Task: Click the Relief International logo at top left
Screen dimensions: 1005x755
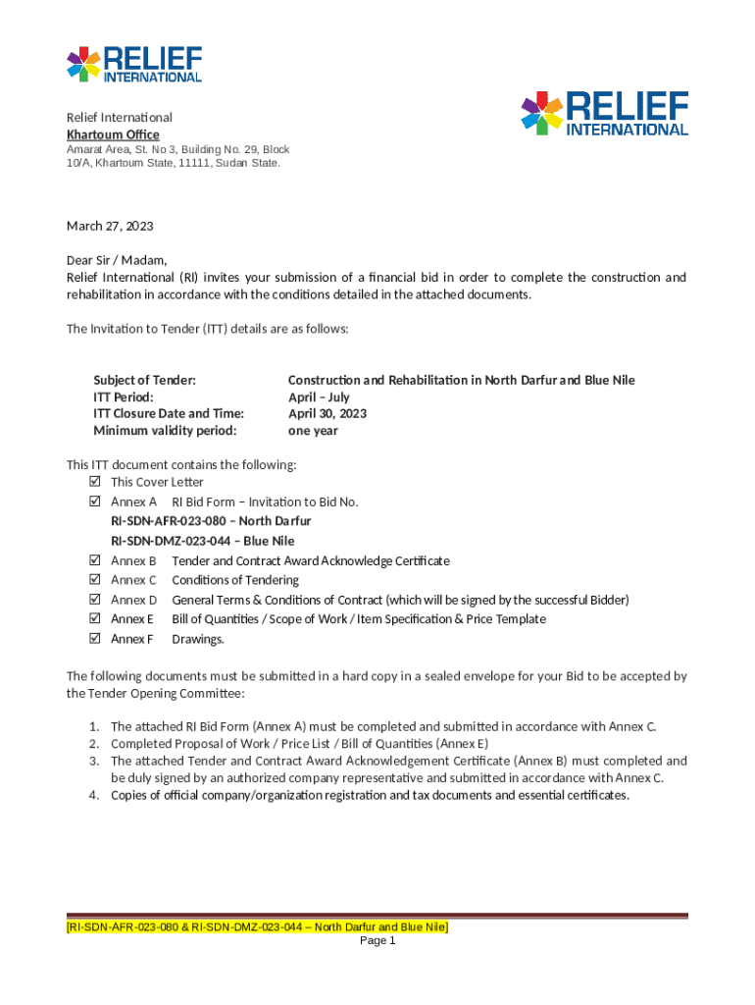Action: pos(134,64)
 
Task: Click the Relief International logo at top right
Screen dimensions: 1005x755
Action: pos(604,114)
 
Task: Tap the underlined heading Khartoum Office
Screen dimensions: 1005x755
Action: pos(113,134)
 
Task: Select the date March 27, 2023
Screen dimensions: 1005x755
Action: pos(110,226)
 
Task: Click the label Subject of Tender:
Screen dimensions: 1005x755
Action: pos(144,380)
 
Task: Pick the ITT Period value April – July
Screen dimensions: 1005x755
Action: pos(319,397)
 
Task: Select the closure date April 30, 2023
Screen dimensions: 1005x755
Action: pos(327,413)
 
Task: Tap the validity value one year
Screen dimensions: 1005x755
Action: pos(313,430)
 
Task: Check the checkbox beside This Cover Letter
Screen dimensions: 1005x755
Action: pos(94,482)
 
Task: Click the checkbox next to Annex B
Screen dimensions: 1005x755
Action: pos(94,560)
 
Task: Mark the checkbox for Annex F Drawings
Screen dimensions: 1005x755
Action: pos(94,639)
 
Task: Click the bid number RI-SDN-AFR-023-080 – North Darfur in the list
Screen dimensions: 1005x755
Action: pos(211,521)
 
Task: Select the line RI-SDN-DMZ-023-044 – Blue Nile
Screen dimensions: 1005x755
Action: pos(203,541)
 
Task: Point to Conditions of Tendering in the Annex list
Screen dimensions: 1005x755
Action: pos(235,580)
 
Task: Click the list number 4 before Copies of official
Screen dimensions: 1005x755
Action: pos(93,795)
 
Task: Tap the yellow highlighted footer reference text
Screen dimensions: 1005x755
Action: pos(257,926)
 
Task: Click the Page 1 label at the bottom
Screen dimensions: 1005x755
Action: pos(377,941)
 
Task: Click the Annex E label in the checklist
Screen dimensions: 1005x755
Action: pos(132,619)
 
